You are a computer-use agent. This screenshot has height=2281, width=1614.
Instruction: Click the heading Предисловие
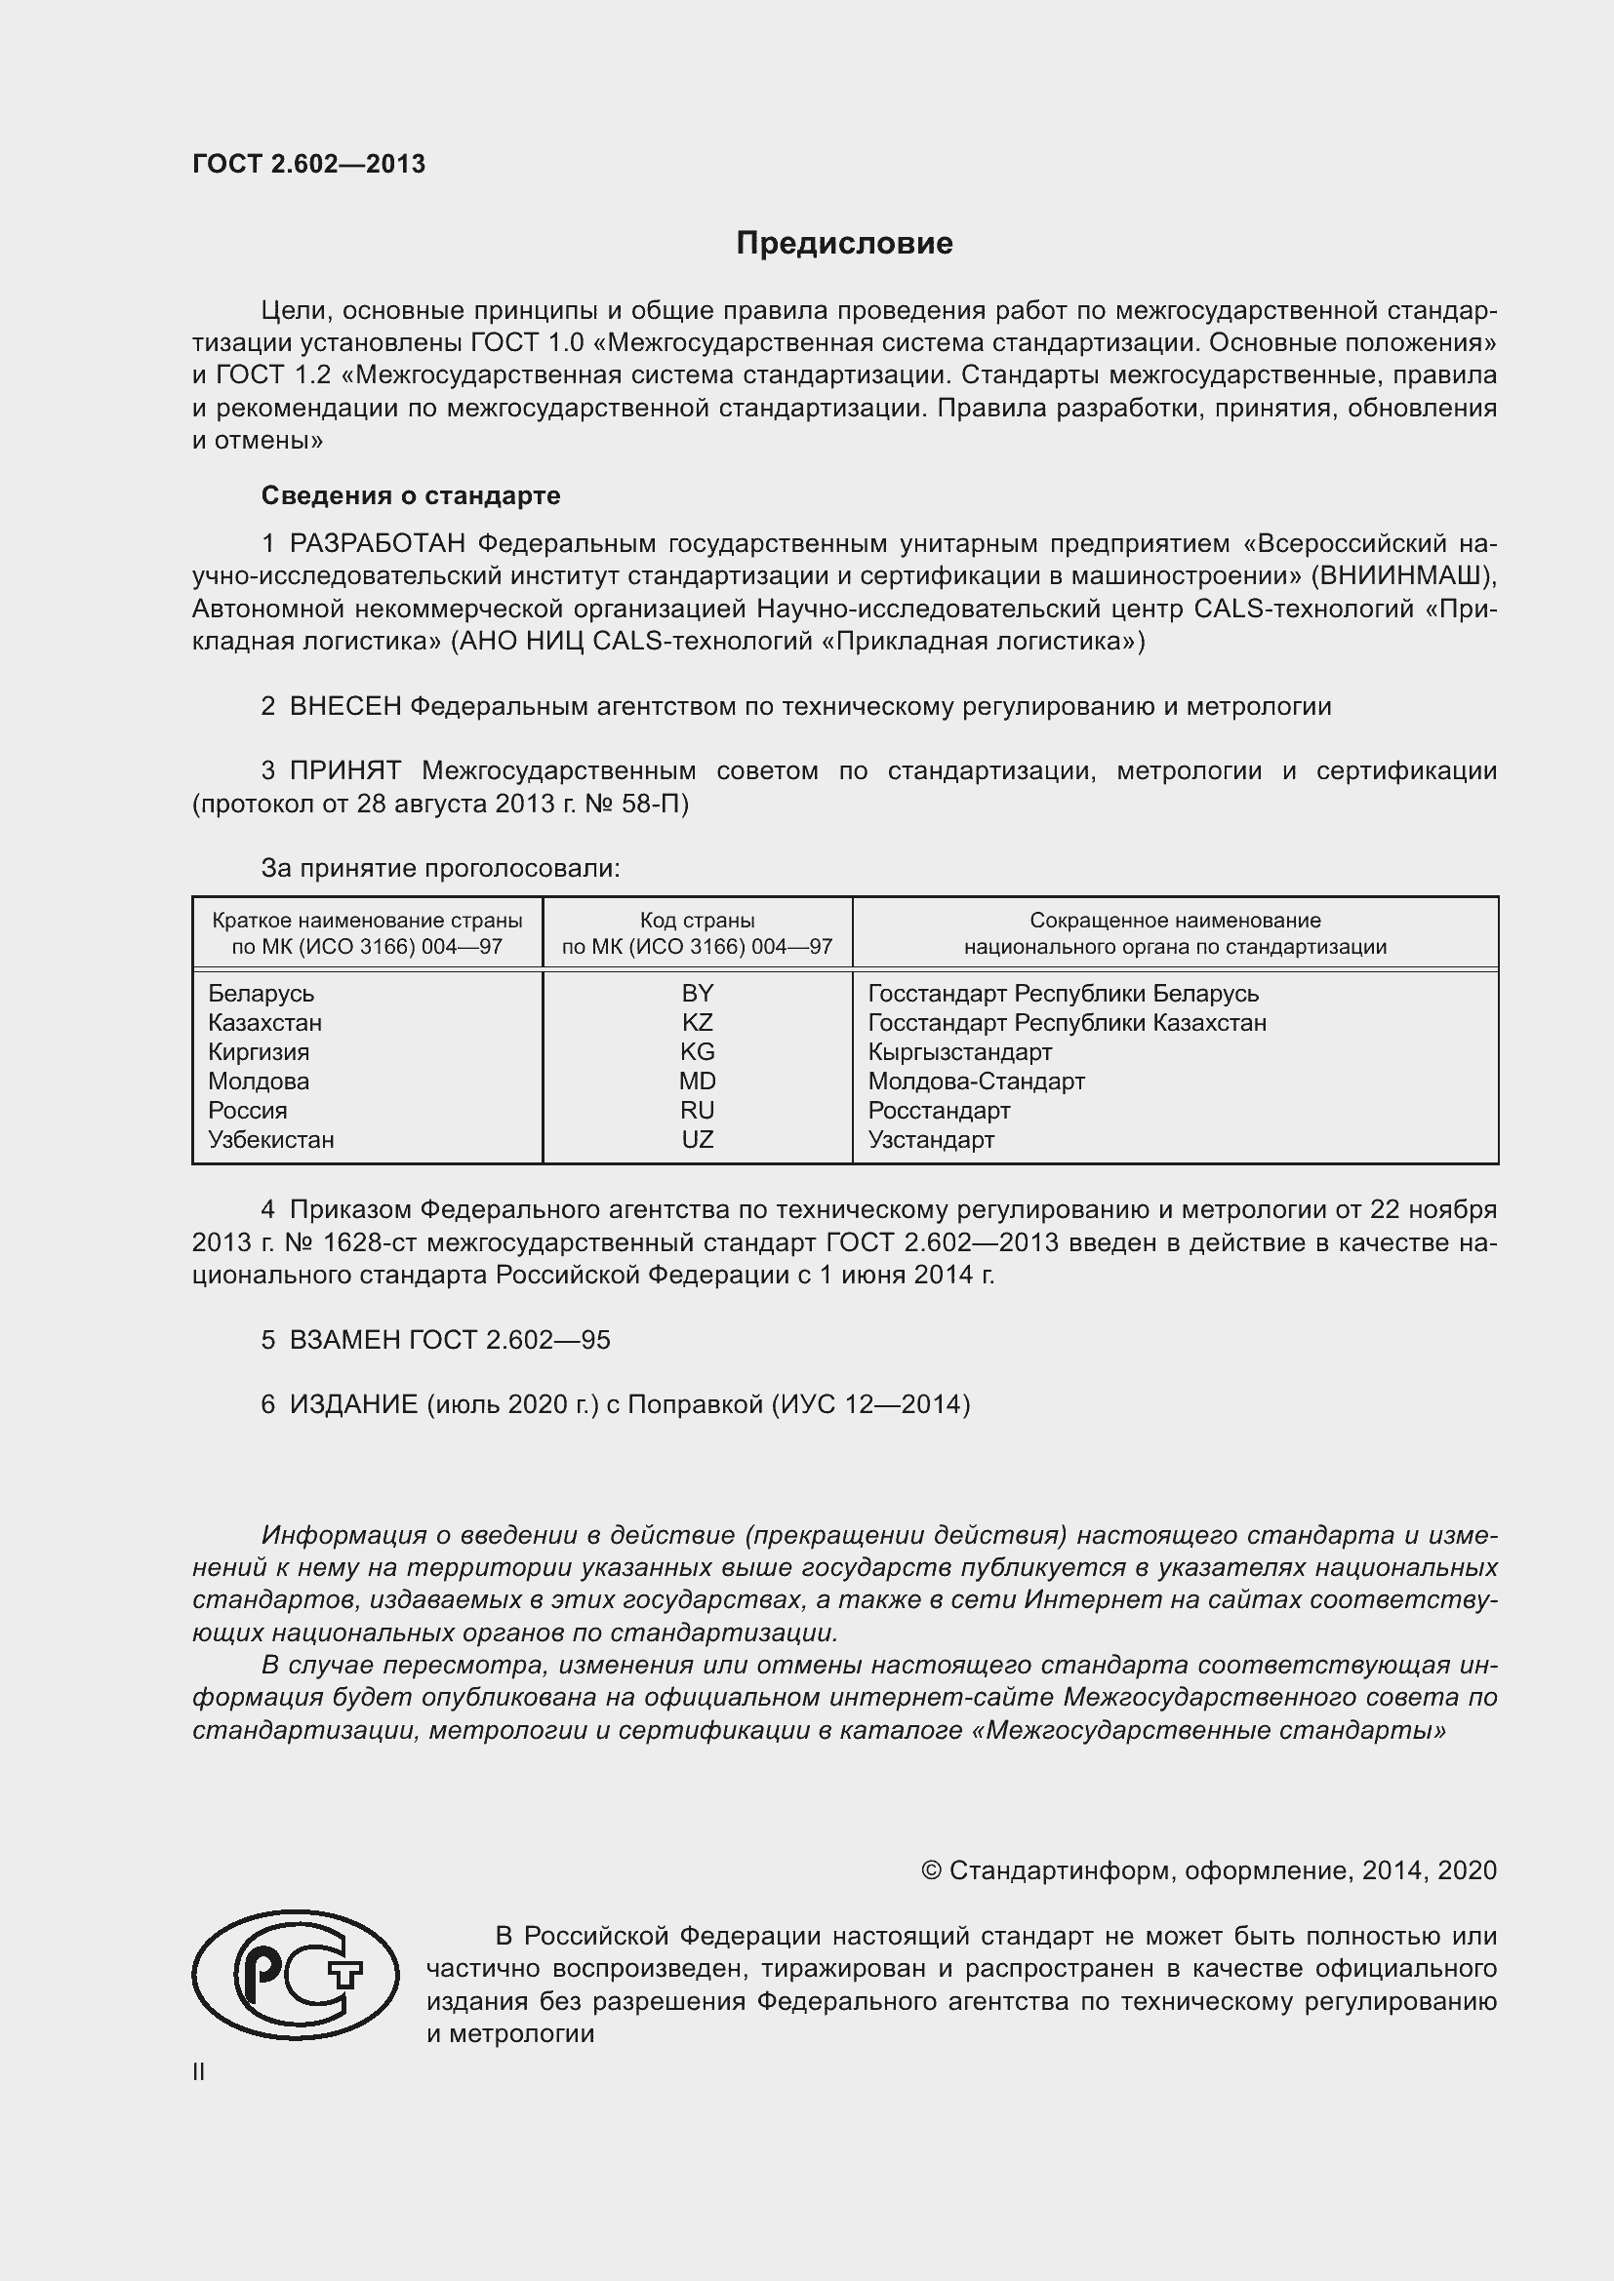click(x=844, y=244)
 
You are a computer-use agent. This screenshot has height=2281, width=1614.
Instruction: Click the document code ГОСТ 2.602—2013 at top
click(x=309, y=164)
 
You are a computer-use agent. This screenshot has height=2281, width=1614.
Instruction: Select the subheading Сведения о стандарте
click(x=411, y=494)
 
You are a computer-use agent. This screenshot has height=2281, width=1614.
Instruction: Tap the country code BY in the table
click(x=697, y=994)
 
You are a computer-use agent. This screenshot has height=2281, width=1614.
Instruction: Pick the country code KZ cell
click(x=697, y=1022)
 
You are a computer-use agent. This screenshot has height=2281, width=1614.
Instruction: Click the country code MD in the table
click(x=697, y=1081)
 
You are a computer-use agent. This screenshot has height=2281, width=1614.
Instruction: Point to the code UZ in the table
click(x=697, y=1139)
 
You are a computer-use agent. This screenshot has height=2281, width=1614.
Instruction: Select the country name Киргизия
click(x=259, y=1052)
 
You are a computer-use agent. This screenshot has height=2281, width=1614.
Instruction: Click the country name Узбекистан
click(x=270, y=1139)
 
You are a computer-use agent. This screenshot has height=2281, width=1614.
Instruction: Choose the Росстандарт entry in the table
click(x=938, y=1111)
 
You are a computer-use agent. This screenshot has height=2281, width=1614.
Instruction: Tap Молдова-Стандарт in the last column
click(x=976, y=1081)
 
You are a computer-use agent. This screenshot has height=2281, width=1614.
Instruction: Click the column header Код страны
click(x=697, y=921)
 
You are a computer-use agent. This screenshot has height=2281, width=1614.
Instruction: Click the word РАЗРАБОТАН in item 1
click(x=377, y=543)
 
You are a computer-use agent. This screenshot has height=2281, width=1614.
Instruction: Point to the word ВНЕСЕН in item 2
click(x=344, y=706)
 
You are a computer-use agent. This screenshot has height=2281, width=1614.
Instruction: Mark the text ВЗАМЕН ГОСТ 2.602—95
click(x=449, y=1340)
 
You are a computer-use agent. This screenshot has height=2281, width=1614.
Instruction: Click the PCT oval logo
click(x=295, y=1975)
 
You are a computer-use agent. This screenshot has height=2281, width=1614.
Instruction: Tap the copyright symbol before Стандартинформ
click(x=930, y=1870)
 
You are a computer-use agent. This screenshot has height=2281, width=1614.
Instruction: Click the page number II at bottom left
click(x=199, y=2072)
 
